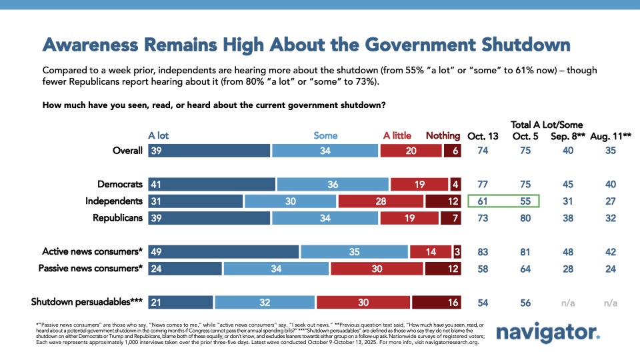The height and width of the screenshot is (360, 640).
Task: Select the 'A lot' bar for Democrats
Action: pos(211,184)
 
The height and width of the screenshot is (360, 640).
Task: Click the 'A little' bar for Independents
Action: pos(381,201)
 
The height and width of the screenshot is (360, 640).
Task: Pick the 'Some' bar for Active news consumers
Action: pos(354,251)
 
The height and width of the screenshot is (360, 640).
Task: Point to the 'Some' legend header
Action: pos(325,135)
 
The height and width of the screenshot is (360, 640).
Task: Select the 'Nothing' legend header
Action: pos(443,135)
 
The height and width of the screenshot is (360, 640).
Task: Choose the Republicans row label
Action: pos(114,217)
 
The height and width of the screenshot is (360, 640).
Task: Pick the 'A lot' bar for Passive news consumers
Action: pos(185,268)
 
